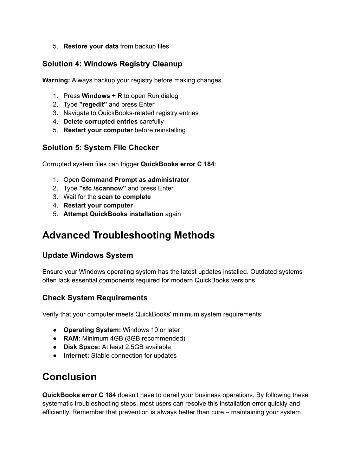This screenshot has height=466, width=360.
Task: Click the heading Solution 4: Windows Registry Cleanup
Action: tap(112, 64)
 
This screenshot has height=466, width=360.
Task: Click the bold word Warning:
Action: tap(56, 80)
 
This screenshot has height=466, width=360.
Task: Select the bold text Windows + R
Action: tap(102, 96)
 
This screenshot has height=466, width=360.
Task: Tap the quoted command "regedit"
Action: tap(93, 104)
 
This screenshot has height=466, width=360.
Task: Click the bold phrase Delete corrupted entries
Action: tap(101, 122)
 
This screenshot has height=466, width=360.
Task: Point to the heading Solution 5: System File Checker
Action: tap(101, 148)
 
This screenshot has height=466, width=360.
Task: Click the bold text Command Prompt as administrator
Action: tap(135, 180)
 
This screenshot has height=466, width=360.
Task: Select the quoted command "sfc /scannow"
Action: tap(103, 189)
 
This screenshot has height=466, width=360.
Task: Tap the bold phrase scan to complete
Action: tap(124, 197)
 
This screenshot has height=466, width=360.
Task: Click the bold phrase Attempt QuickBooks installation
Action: tap(113, 214)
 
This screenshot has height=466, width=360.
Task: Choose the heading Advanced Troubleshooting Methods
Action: tap(128, 235)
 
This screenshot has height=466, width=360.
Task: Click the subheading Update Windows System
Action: tap(88, 255)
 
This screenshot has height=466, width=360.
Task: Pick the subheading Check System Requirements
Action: tap(95, 298)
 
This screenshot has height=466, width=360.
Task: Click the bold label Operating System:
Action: tap(92, 330)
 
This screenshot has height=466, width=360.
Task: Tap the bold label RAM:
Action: tap(72, 339)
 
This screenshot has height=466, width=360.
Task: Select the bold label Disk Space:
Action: tap(82, 347)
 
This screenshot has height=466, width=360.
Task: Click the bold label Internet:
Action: tap(76, 356)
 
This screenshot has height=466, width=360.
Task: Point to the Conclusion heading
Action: tap(69, 377)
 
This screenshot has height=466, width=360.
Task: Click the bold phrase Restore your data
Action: tap(91, 46)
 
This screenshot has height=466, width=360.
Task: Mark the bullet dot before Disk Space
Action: tap(55, 347)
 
